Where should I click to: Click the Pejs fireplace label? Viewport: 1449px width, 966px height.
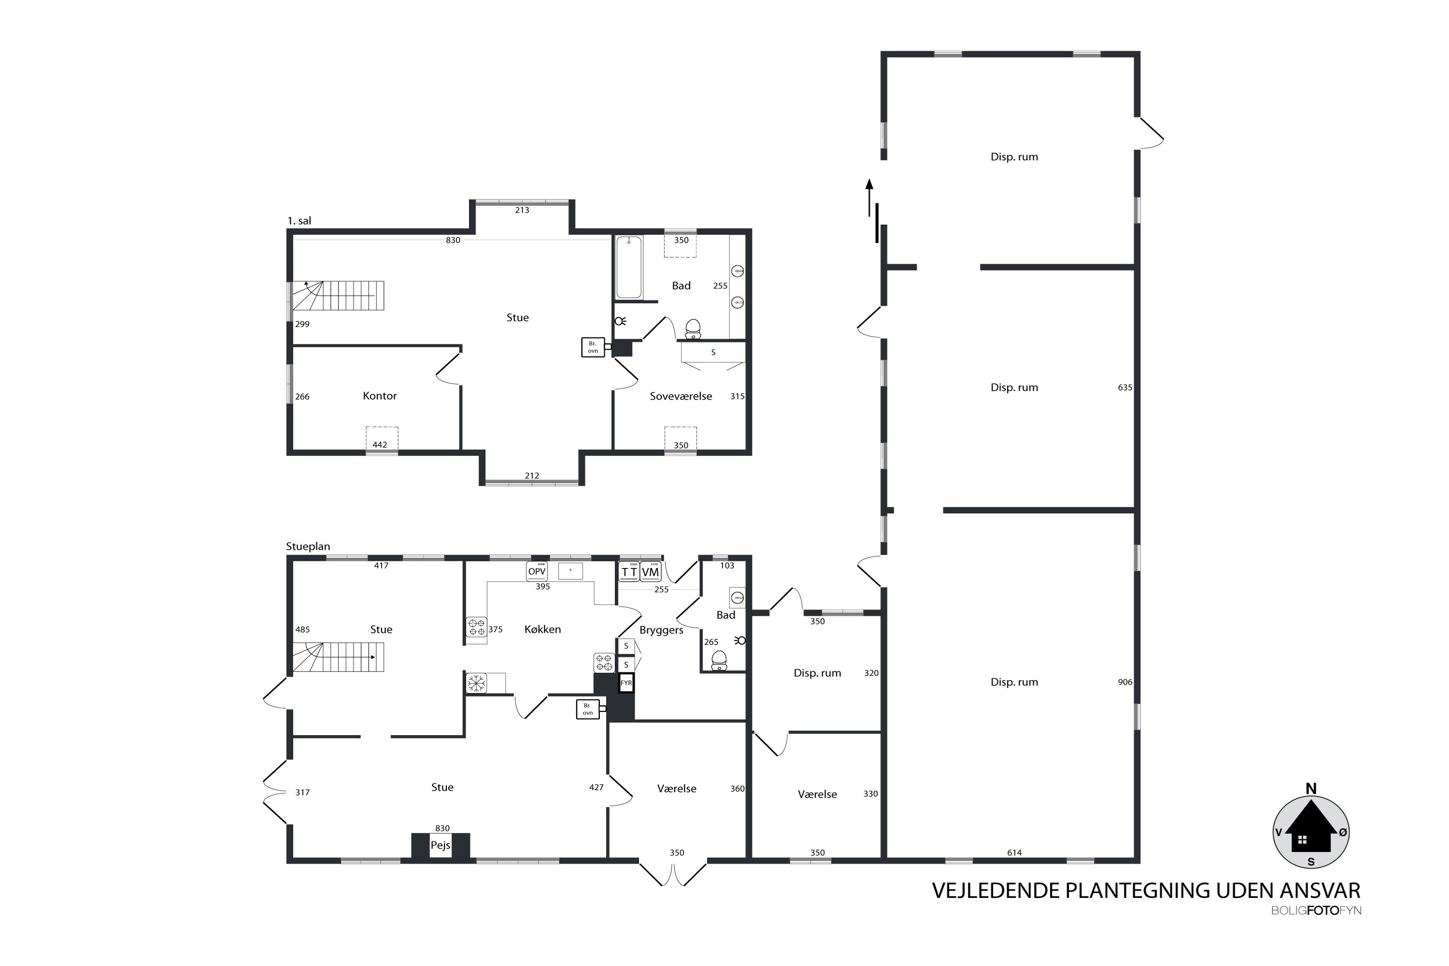(x=440, y=845)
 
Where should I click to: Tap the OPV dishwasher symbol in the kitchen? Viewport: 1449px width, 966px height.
(x=537, y=571)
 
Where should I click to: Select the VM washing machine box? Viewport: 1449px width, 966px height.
(x=650, y=572)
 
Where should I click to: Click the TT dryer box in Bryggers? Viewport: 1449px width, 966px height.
(x=628, y=572)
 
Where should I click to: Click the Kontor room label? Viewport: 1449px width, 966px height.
(x=380, y=396)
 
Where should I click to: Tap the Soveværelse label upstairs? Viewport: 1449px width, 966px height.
(x=680, y=396)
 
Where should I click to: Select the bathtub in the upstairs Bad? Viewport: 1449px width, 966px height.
(x=628, y=268)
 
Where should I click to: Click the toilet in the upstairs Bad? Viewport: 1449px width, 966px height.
(x=693, y=329)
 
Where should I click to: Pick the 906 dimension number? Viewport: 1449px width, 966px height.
(x=1124, y=682)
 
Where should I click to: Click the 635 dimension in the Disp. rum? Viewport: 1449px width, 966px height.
(x=1124, y=387)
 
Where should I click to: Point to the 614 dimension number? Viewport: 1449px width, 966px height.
(x=1014, y=852)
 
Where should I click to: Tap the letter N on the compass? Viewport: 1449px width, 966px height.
(x=1311, y=789)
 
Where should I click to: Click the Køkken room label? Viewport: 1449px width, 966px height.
(x=542, y=629)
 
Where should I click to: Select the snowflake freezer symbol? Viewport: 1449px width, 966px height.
(x=476, y=682)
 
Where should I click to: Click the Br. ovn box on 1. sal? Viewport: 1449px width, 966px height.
(x=593, y=347)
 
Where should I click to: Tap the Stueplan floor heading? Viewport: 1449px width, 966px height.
(x=308, y=546)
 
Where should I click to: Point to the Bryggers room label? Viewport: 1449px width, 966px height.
(x=661, y=630)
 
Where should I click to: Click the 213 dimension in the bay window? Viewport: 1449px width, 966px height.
(x=522, y=210)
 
